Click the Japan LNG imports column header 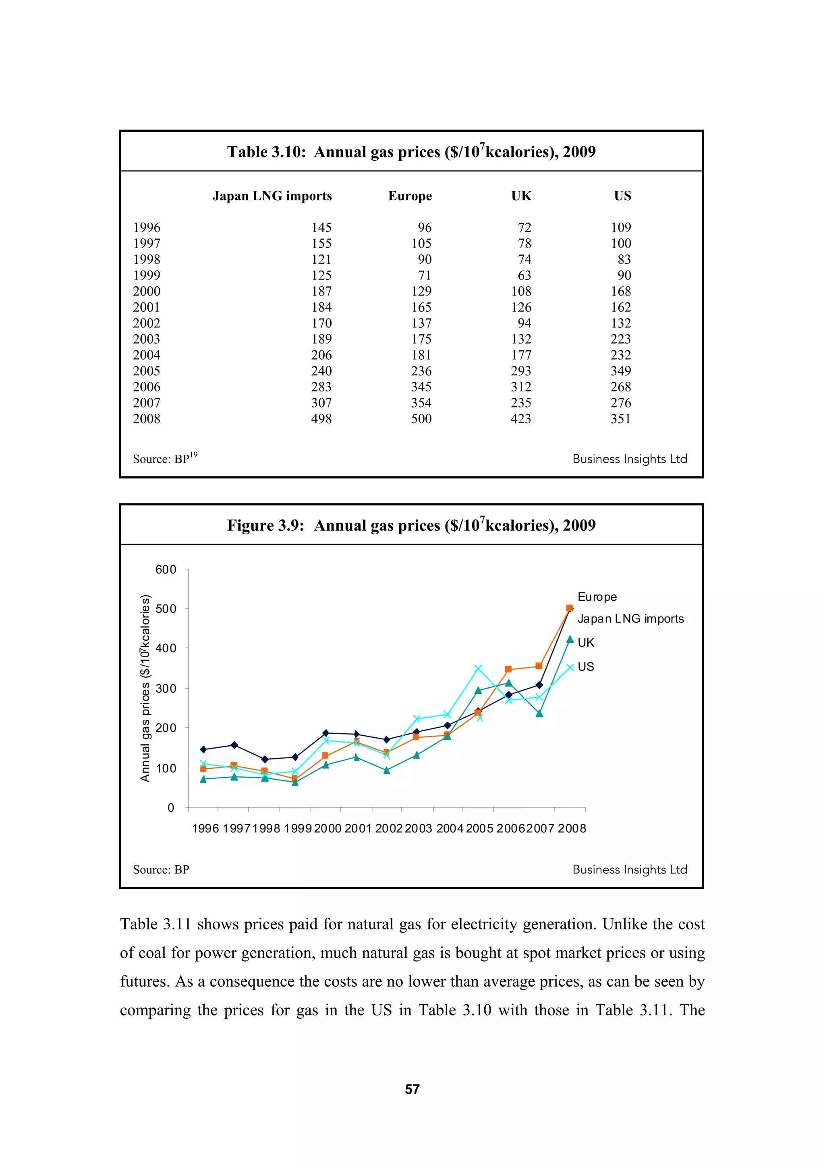point(272,196)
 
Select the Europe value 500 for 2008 point(421,419)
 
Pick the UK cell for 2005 point(520,371)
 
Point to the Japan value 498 point(321,419)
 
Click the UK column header point(521,196)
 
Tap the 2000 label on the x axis point(328,828)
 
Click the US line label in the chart point(586,666)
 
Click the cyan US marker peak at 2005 point(478,668)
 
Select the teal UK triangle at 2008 point(570,639)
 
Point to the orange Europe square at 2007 point(539,666)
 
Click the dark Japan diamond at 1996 point(203,749)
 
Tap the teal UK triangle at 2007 point(539,714)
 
